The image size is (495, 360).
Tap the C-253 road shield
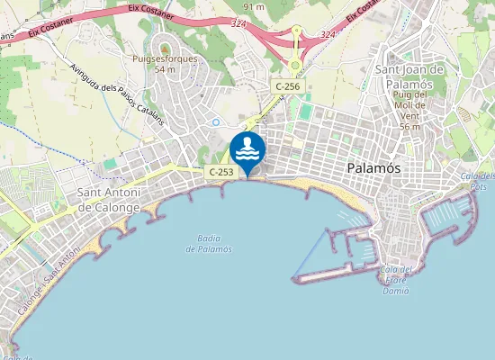click(x=220, y=171)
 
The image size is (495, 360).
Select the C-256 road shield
click(x=288, y=86)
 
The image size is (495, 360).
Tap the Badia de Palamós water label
click(x=209, y=243)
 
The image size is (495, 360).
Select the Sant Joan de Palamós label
click(x=409, y=76)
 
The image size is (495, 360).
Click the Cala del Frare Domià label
click(x=397, y=280)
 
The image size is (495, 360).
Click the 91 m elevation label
click(x=254, y=6)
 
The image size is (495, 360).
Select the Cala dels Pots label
click(x=478, y=181)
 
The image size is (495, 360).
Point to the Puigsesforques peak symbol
click(x=165, y=46)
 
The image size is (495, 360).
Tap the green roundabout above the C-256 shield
click(x=294, y=66)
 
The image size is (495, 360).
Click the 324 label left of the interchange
click(x=238, y=24)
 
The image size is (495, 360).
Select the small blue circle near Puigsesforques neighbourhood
click(x=215, y=121)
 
